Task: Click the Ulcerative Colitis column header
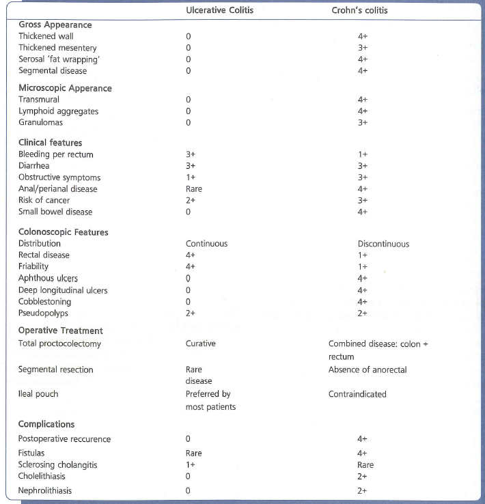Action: [217, 10]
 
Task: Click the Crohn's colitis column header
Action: [363, 10]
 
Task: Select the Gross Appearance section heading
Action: [55, 25]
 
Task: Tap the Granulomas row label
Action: [40, 123]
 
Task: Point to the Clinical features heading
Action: [50, 143]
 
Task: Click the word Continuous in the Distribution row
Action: [206, 244]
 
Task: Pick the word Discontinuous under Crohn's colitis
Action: [383, 244]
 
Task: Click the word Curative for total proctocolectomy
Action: [200, 344]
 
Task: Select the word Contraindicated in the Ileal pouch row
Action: [357, 394]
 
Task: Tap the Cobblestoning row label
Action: [44, 302]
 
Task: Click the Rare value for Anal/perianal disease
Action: [193, 189]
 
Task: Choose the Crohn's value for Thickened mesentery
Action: [363, 48]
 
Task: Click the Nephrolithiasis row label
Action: [45, 490]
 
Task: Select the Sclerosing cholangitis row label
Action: [57, 465]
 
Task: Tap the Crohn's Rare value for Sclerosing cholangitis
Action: [365, 465]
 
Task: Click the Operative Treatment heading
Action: [61, 331]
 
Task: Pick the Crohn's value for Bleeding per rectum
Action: [363, 154]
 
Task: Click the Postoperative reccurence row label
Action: [64, 439]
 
